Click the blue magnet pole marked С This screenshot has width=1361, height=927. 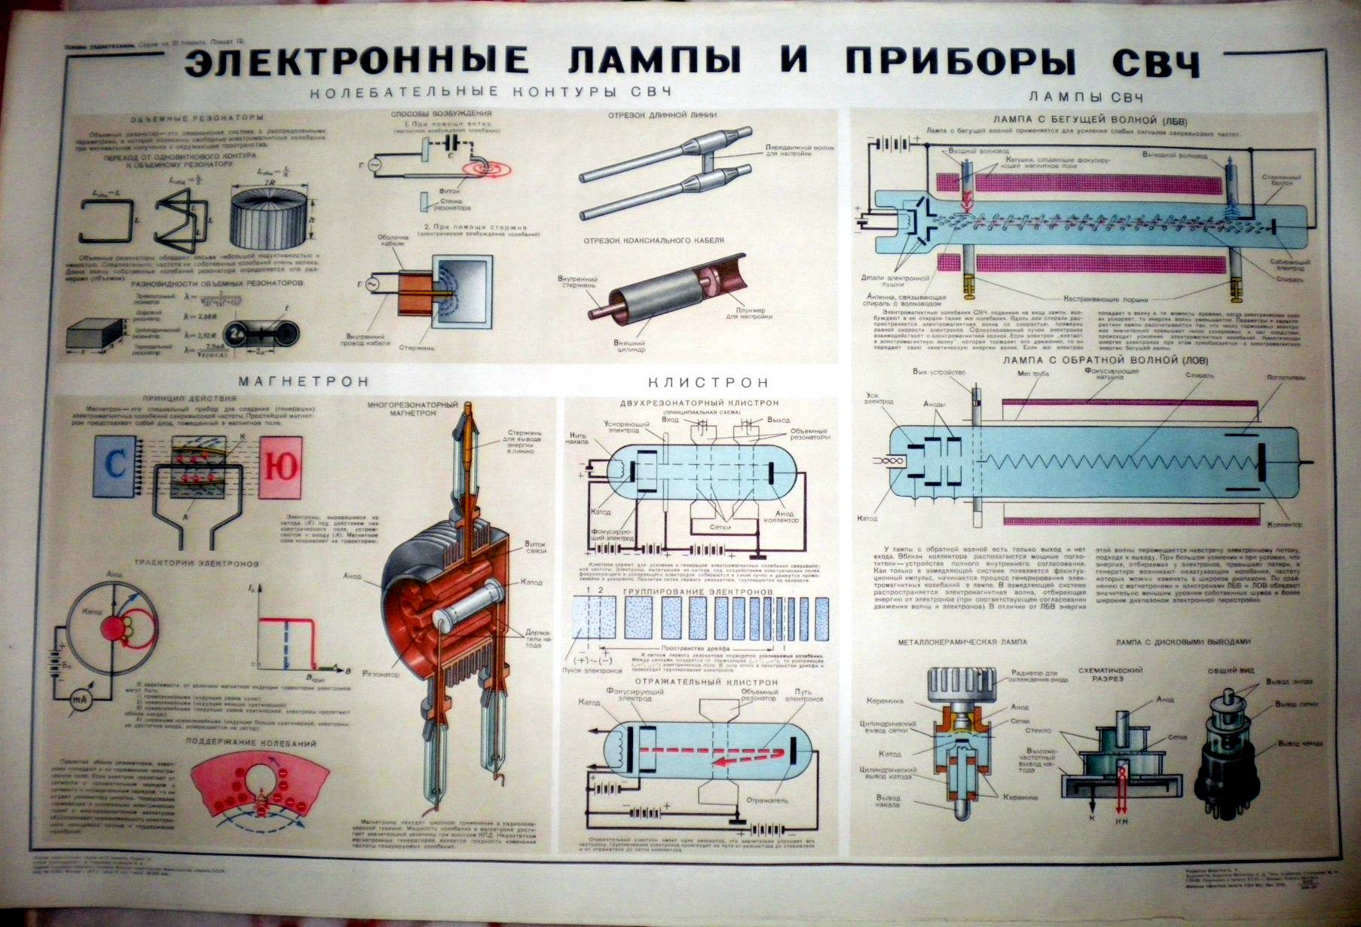pyautogui.click(x=115, y=465)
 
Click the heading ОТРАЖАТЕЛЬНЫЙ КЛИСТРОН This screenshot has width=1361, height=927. pyautogui.click(x=708, y=682)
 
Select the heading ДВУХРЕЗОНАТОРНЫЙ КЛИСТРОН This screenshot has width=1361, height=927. pyautogui.click(x=699, y=403)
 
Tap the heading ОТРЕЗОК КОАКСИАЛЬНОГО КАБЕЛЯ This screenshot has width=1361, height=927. pyautogui.click(x=654, y=240)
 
